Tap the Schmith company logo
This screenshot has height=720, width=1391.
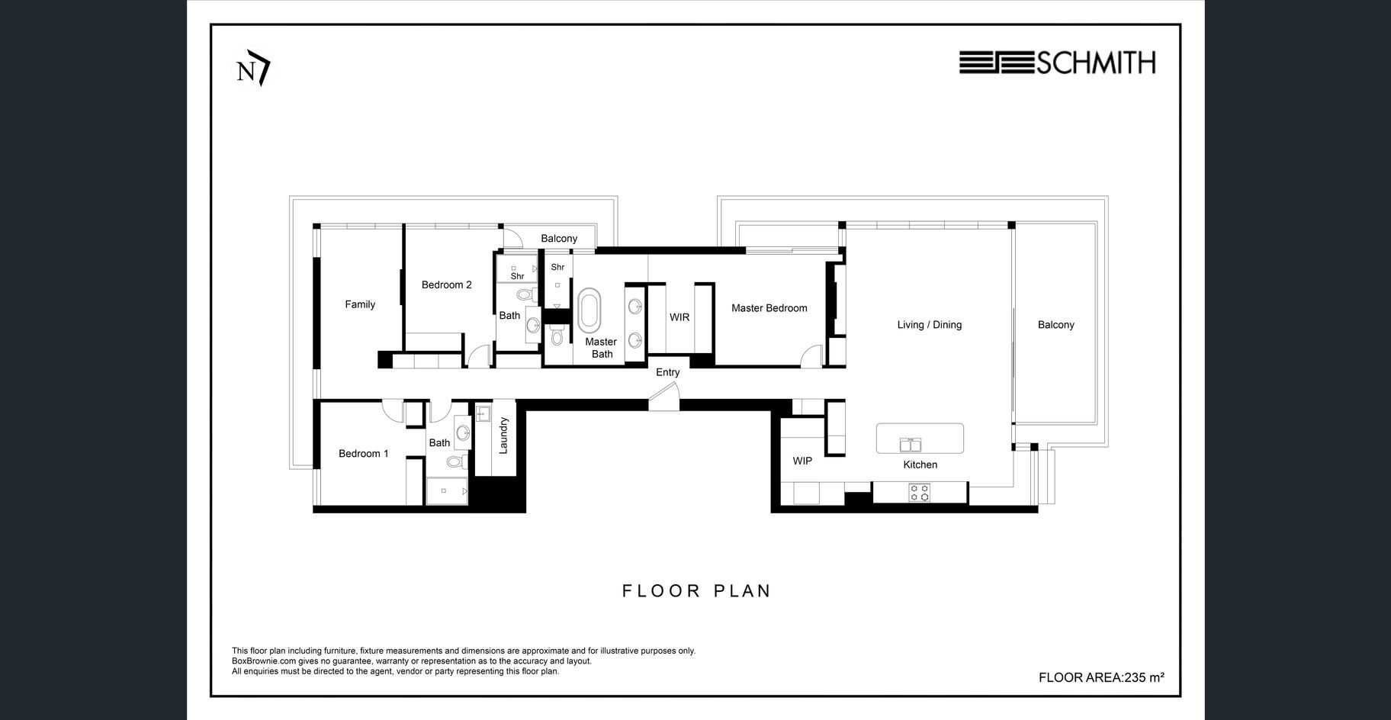tap(1057, 63)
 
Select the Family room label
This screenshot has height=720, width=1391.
tap(360, 304)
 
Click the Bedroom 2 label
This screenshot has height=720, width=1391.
tap(447, 285)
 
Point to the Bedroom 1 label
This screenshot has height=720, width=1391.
tap(364, 454)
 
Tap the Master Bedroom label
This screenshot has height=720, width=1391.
tap(769, 308)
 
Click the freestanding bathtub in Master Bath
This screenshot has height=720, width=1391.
tap(589, 310)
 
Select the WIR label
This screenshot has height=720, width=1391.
tap(679, 317)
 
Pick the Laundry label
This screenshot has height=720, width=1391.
tap(503, 436)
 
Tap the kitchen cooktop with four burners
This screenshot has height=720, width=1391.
tap(920, 493)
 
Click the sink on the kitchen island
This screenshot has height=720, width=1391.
tap(911, 445)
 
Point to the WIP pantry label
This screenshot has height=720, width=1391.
tap(802, 461)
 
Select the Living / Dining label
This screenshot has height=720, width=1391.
tap(930, 325)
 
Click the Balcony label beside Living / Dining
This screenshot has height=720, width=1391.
tap(1056, 325)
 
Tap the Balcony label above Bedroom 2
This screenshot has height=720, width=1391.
tap(559, 239)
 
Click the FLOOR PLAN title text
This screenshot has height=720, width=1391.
tap(697, 591)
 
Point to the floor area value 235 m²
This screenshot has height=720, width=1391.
tap(1144, 677)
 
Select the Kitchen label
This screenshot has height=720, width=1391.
tap(920, 464)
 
